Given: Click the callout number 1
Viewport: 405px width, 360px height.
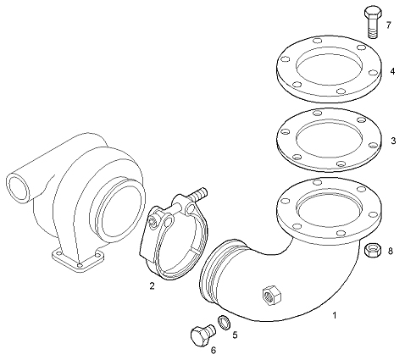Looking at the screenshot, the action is (335, 315).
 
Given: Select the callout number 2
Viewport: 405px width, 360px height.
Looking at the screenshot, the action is (153, 286).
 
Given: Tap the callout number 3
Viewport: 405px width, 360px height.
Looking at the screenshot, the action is (393, 141).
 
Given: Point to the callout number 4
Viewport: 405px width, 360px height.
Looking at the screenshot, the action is (392, 71).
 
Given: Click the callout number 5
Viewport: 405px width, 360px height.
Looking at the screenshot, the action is (235, 335).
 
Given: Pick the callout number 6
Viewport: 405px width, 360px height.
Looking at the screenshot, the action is (214, 351).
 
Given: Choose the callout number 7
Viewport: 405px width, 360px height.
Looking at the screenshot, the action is (389, 25).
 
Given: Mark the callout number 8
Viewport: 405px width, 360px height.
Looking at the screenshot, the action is (391, 251).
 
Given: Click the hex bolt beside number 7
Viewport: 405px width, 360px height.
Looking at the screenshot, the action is (373, 22).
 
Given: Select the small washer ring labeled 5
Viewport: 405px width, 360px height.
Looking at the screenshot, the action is (224, 323).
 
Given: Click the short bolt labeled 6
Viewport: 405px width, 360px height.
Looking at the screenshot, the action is (202, 335).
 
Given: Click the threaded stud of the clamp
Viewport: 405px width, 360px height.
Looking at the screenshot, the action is (198, 195).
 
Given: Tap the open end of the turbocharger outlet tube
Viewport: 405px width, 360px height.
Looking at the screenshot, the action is (18, 188).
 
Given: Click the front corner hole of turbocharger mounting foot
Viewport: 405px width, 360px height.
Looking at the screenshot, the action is (80, 265).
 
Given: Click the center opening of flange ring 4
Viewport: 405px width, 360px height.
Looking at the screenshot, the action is (329, 67).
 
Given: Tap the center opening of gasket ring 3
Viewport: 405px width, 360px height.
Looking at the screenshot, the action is (329, 138).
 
